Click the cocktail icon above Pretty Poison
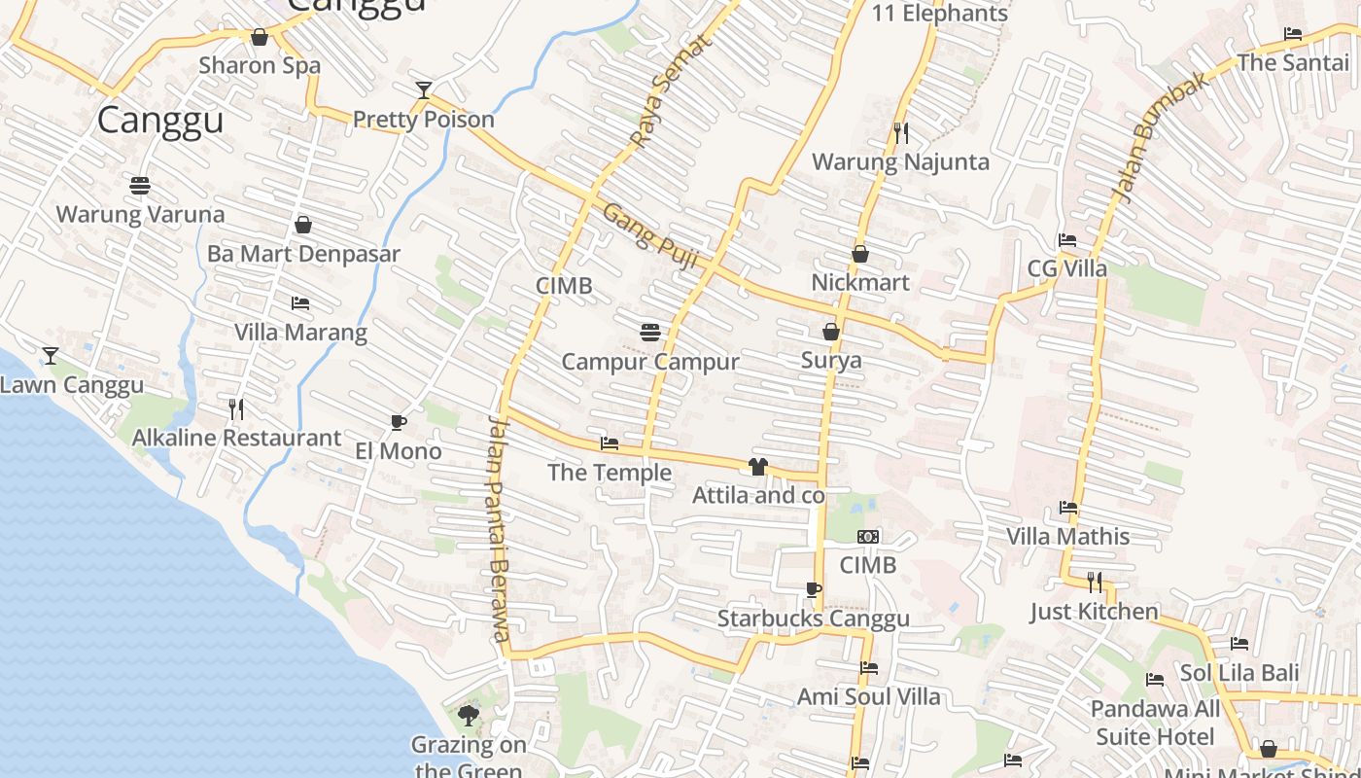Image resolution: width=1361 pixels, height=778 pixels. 423,90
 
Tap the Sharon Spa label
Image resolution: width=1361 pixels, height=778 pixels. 260,65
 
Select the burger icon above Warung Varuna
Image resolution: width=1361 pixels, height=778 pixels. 140,185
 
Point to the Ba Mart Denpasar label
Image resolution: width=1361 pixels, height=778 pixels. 303,254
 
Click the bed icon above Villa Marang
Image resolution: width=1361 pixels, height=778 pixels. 300,303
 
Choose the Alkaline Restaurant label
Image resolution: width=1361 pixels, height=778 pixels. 236,438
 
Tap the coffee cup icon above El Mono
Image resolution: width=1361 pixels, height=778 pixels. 398,422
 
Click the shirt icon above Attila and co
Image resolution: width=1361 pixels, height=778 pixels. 758,467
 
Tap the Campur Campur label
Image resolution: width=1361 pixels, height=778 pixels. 650,362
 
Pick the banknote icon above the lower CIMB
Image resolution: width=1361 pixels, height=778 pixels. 868,537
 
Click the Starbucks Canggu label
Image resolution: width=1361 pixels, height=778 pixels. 813,619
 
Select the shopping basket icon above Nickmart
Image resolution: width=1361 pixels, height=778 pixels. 860,254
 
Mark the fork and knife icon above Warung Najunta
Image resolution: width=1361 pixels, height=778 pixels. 901,132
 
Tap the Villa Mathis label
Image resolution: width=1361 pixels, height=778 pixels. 1067,536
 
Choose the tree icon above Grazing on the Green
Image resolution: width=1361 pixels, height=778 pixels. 469,717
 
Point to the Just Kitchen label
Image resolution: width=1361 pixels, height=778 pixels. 1094,612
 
